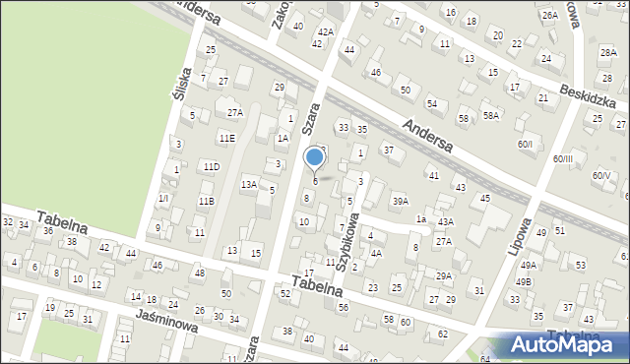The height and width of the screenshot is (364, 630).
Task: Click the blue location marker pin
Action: pyautogui.click(x=315, y=158)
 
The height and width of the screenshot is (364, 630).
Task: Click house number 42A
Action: pyautogui.click(x=326, y=31)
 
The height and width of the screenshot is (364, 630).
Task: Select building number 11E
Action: pyautogui.click(x=227, y=139)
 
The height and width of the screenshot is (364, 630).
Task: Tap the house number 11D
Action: pyautogui.click(x=211, y=167)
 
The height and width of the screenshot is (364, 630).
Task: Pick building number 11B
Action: pyautogui.click(x=206, y=202)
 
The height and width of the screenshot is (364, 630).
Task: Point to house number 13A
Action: pyautogui.click(x=249, y=184)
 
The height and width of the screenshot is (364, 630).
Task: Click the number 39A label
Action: pyautogui.click(x=400, y=201)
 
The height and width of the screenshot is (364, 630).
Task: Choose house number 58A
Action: pyautogui.click(x=490, y=116)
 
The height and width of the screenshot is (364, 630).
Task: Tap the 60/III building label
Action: pyautogui.click(x=562, y=158)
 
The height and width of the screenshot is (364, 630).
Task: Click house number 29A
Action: pyautogui.click(x=444, y=275)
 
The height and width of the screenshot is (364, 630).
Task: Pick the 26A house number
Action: pyautogui.click(x=549, y=16)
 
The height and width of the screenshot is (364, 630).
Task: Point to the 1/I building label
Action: pyautogui.click(x=163, y=198)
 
